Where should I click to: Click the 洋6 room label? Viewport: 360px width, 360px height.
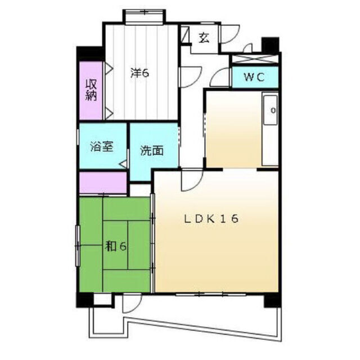pyautogui.click(x=140, y=73)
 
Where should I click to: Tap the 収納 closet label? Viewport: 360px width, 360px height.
pyautogui.click(x=91, y=90)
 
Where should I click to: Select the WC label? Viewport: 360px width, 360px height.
pyautogui.click(x=254, y=77)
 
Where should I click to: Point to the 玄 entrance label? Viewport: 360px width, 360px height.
pyautogui.click(x=204, y=38)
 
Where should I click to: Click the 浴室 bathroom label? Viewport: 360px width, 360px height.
pyautogui.click(x=102, y=146)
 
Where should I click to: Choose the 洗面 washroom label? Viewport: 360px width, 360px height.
pyautogui.click(x=152, y=151)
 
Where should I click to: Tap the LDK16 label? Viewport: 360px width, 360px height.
pyautogui.click(x=211, y=219)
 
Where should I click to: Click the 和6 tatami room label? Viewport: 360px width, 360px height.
pyautogui.click(x=115, y=246)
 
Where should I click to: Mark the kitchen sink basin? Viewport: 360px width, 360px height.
pyautogui.click(x=271, y=110)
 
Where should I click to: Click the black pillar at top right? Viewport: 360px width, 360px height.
pyautogui.click(x=271, y=44)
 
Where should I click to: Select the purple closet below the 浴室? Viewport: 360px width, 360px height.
pyautogui.click(x=103, y=183)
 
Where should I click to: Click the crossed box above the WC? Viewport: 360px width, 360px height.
pyautogui.click(x=255, y=58)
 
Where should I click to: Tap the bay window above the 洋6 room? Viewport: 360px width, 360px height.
pyautogui.click(x=144, y=16)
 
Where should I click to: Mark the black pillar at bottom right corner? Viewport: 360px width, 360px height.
pyautogui.click(x=272, y=300)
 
